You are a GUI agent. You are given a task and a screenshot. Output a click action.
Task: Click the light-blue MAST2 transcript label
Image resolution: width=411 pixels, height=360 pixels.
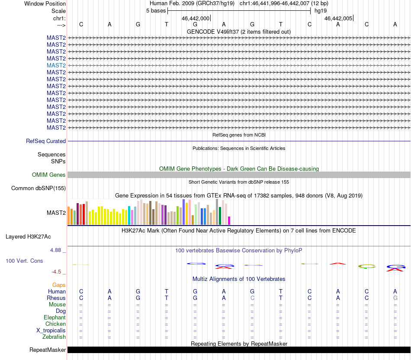pyautogui.click(x=56, y=65)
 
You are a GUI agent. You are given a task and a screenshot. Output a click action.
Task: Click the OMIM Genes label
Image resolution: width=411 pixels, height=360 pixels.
pyautogui.click(x=49, y=175)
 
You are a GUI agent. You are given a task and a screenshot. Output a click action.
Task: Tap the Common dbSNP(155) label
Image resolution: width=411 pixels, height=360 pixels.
pyautogui.click(x=39, y=188)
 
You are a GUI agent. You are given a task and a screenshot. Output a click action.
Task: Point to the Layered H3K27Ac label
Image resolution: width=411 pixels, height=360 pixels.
pyautogui.click(x=28, y=236)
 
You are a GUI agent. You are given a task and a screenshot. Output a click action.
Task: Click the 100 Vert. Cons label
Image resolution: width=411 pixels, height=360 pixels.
pyautogui.click(x=24, y=261)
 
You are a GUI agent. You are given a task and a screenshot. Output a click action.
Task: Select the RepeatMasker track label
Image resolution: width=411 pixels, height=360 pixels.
pyautogui.click(x=48, y=350)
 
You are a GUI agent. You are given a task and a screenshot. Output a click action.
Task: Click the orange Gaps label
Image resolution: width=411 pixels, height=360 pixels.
pyautogui.click(x=59, y=285)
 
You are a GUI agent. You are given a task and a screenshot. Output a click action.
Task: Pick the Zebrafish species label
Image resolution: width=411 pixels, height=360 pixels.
pyautogui.click(x=54, y=337)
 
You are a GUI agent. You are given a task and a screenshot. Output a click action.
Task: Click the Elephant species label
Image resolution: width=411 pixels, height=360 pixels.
pyautogui.click(x=55, y=318)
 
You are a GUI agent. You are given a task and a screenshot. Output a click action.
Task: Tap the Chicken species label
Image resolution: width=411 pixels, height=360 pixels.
pyautogui.click(x=56, y=324)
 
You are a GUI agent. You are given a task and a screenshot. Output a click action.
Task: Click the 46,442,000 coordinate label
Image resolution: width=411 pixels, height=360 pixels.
pyautogui.click(x=196, y=19)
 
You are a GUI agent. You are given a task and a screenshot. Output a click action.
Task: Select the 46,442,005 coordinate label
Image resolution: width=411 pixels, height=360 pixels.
pyautogui.click(x=338, y=19)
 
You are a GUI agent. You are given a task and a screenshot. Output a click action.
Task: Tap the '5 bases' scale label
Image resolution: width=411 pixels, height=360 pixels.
pyautogui.click(x=156, y=10)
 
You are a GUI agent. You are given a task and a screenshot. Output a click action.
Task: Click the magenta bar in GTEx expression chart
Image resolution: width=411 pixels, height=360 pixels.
pyautogui.click(x=229, y=220)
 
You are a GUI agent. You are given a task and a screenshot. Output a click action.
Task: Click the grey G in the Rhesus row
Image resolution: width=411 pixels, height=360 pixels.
pyautogui.click(x=395, y=298)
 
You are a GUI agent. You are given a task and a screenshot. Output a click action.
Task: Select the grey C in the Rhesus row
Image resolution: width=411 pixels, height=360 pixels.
pyautogui.click(x=252, y=298)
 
